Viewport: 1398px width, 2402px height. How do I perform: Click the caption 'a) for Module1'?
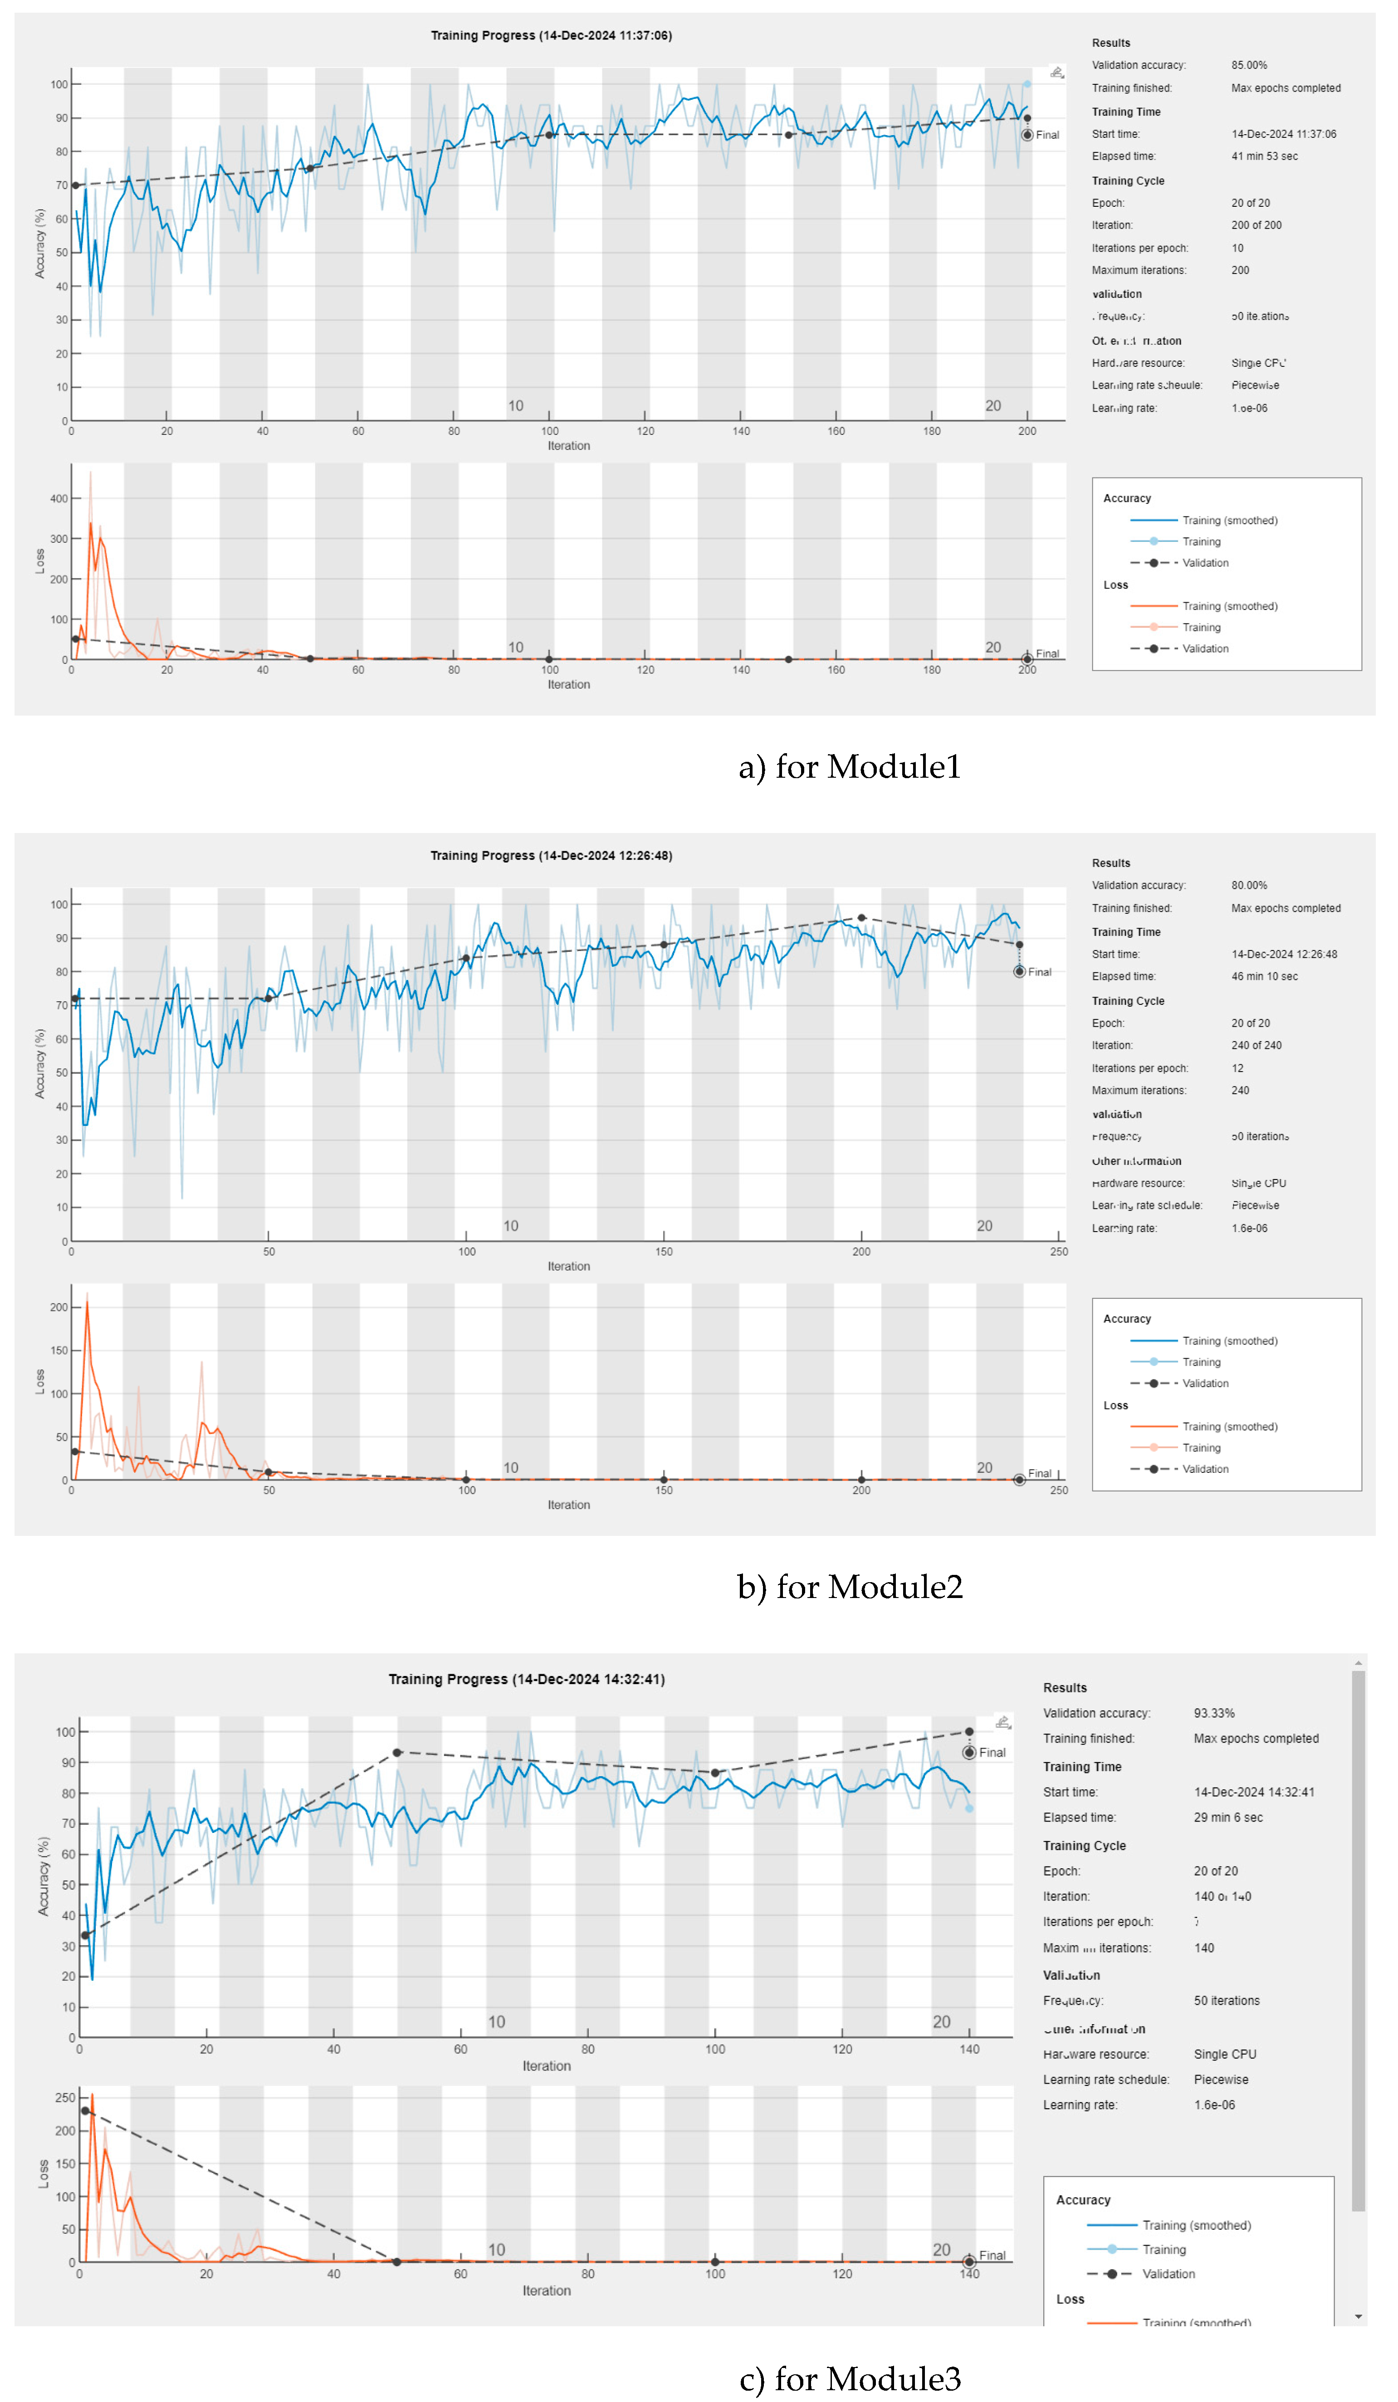click(x=849, y=766)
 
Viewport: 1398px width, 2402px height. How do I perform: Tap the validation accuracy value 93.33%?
click(x=1214, y=1713)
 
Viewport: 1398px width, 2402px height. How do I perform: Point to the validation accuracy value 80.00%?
click(x=1248, y=886)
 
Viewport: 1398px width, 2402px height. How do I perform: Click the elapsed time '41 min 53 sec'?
click(x=1264, y=156)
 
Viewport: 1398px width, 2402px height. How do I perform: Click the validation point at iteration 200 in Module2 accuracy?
click(x=861, y=918)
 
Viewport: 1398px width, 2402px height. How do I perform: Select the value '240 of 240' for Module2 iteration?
click(x=1256, y=1046)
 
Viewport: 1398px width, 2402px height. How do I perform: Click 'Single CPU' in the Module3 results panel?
click(x=1224, y=2054)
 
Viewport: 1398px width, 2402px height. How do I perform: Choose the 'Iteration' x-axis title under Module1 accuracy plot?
click(x=568, y=446)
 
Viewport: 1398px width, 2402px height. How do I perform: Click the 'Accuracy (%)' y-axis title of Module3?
click(x=43, y=1877)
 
